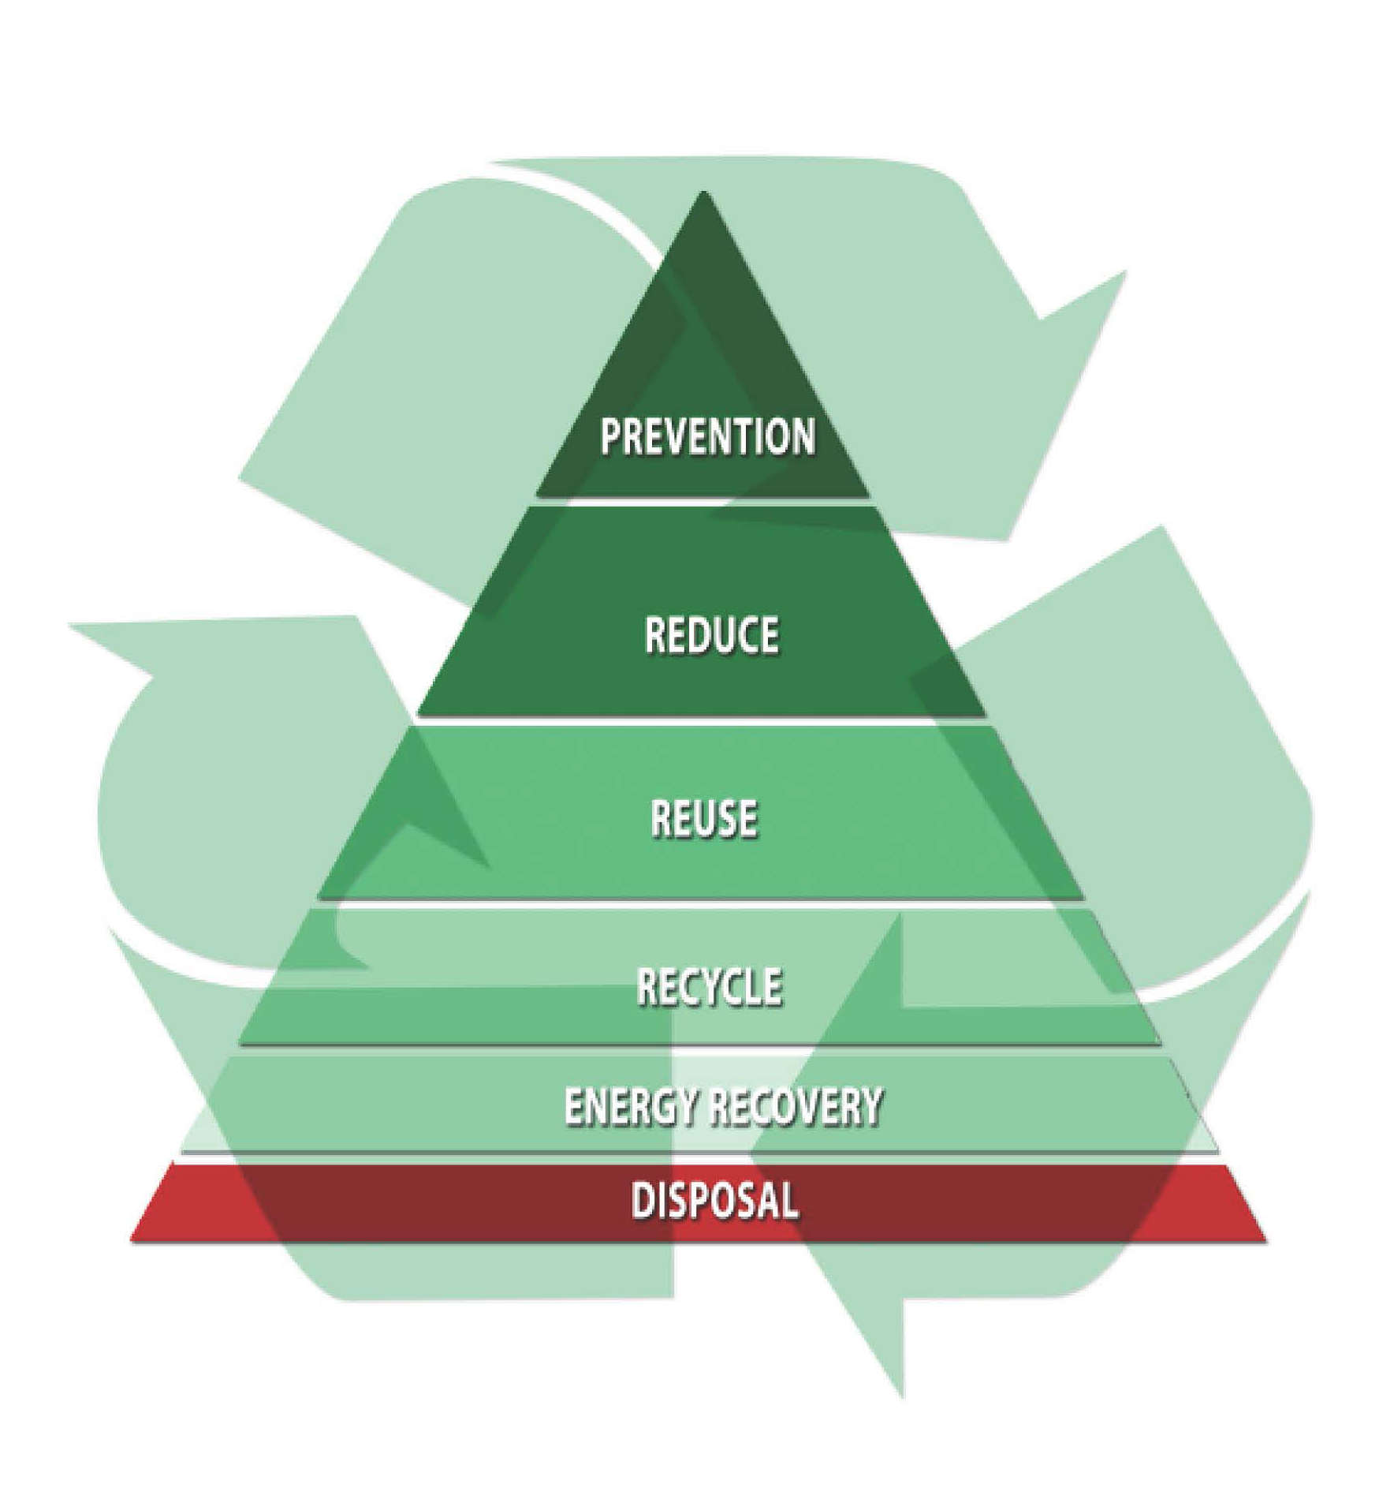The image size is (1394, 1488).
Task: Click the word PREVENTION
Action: (706, 436)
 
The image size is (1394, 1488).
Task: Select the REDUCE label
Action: (711, 635)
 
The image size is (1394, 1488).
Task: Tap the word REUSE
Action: (703, 817)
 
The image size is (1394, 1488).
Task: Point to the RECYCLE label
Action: (709, 986)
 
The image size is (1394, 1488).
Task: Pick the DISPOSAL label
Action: (714, 1200)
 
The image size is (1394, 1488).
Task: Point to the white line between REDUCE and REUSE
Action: (702, 720)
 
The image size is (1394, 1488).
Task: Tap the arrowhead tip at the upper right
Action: (1126, 272)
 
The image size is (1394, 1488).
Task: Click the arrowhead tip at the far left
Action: (69, 625)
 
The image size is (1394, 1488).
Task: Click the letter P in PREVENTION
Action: (610, 436)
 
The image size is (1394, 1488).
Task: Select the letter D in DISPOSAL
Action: (643, 1200)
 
